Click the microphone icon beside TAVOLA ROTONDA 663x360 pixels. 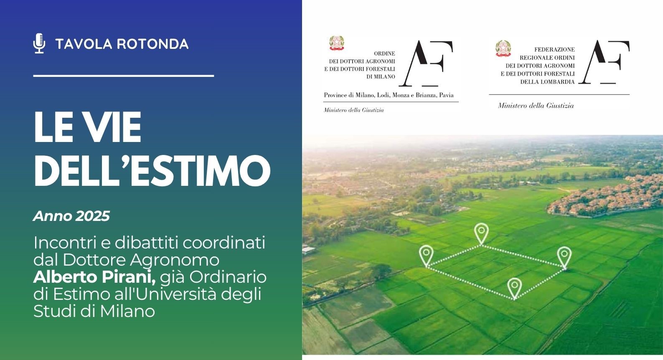[39, 43]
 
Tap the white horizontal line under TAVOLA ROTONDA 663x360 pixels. [123, 76]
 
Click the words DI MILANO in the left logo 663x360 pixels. [381, 77]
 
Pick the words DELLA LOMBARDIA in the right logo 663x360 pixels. [547, 82]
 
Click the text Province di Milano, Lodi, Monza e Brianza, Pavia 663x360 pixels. [389, 95]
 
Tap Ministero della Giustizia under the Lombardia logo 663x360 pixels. [536, 106]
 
